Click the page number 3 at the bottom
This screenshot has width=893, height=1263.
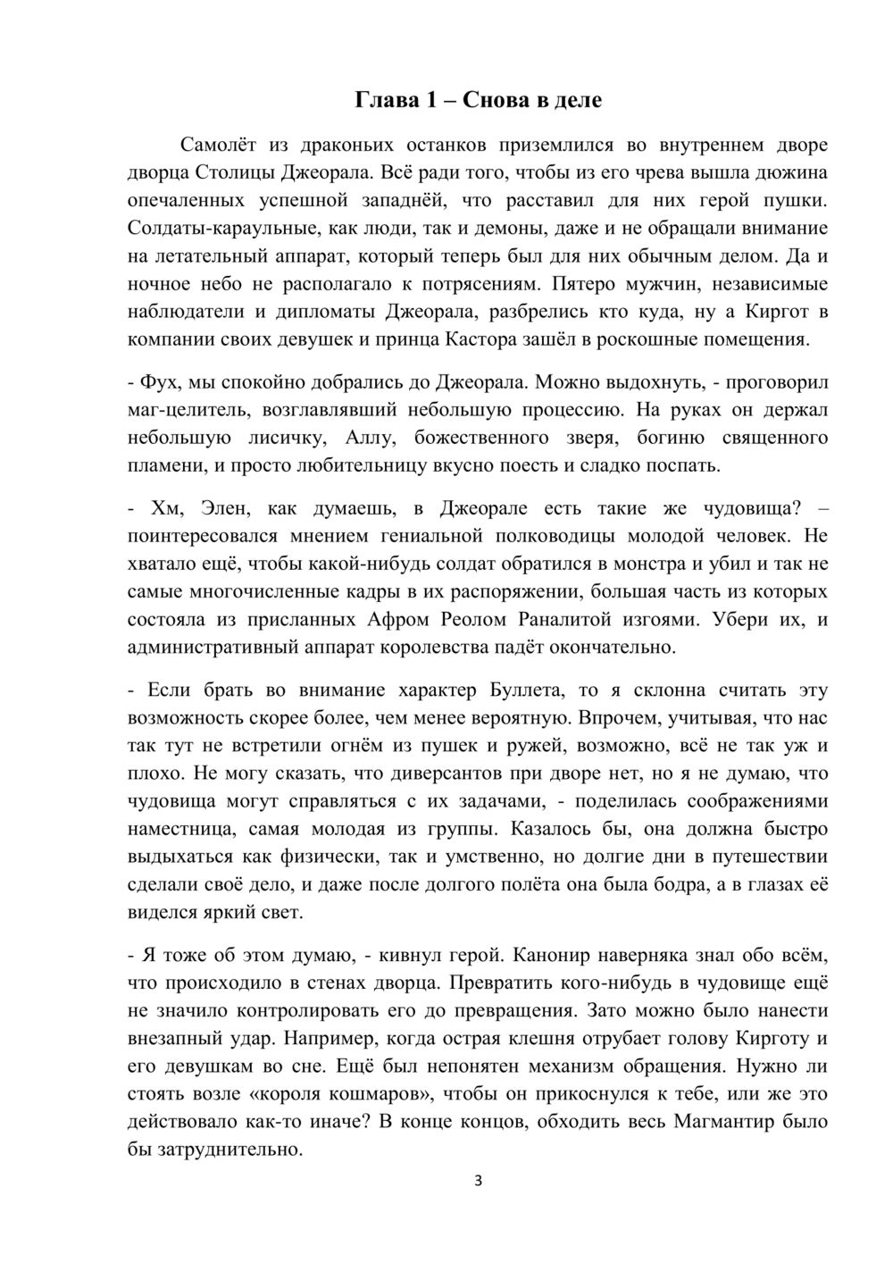pyautogui.click(x=479, y=1182)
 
